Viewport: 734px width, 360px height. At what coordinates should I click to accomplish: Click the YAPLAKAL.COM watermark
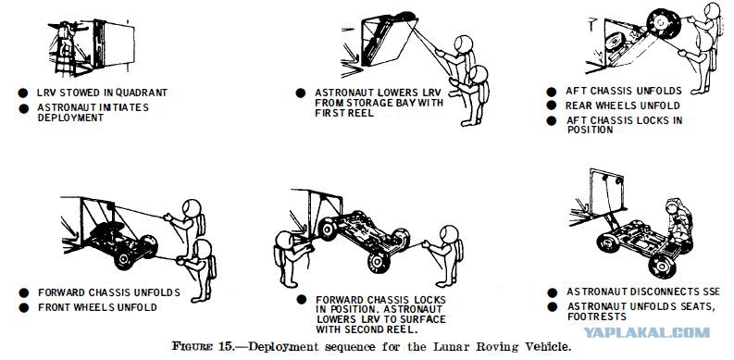tap(646, 333)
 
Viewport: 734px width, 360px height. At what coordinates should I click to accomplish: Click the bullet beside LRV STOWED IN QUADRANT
tap(23, 93)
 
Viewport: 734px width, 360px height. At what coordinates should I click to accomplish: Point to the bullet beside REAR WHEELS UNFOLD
tap(552, 106)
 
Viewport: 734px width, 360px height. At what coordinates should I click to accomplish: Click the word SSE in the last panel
tap(711, 292)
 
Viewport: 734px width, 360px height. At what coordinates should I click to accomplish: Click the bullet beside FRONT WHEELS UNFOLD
tap(23, 307)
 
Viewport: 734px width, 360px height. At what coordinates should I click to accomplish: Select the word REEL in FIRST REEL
tap(361, 113)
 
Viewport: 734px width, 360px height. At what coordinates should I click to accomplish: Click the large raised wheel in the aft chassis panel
tap(664, 23)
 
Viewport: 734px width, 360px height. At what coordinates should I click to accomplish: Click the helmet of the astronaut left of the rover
tap(284, 240)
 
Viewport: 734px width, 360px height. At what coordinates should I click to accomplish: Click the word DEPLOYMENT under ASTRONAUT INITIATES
tap(70, 118)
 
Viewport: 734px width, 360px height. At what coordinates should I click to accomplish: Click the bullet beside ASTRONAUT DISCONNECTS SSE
tap(553, 292)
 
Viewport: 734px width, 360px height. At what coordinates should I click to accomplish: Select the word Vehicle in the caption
tap(548, 347)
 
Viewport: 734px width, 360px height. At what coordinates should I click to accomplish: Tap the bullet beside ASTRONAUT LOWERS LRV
tap(301, 93)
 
